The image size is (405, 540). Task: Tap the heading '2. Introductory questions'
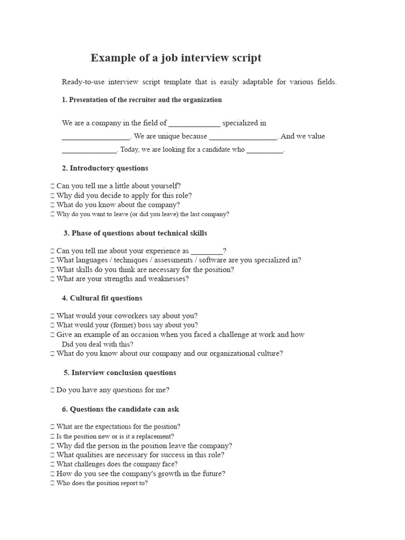[105, 168]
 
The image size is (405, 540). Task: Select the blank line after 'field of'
[194, 124]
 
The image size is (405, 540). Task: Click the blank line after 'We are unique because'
[243, 137]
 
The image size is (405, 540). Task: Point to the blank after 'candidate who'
[265, 150]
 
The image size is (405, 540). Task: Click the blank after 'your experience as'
[207, 252]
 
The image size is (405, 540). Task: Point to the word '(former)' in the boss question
[121, 325]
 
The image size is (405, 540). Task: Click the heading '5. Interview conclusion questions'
[120, 373]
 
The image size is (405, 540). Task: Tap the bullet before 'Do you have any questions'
[52, 391]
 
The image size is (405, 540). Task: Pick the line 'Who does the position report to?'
[102, 484]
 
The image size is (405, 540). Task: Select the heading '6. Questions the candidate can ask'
[121, 409]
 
